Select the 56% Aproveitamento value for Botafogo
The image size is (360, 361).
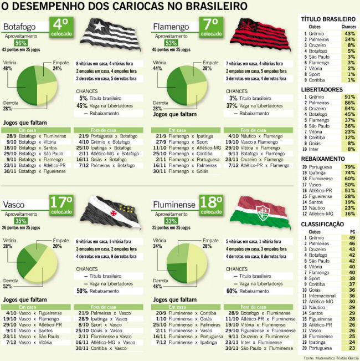(x=21, y=43)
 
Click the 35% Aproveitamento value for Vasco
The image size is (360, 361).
(x=21, y=221)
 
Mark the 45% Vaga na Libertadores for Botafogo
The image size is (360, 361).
(x=82, y=106)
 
